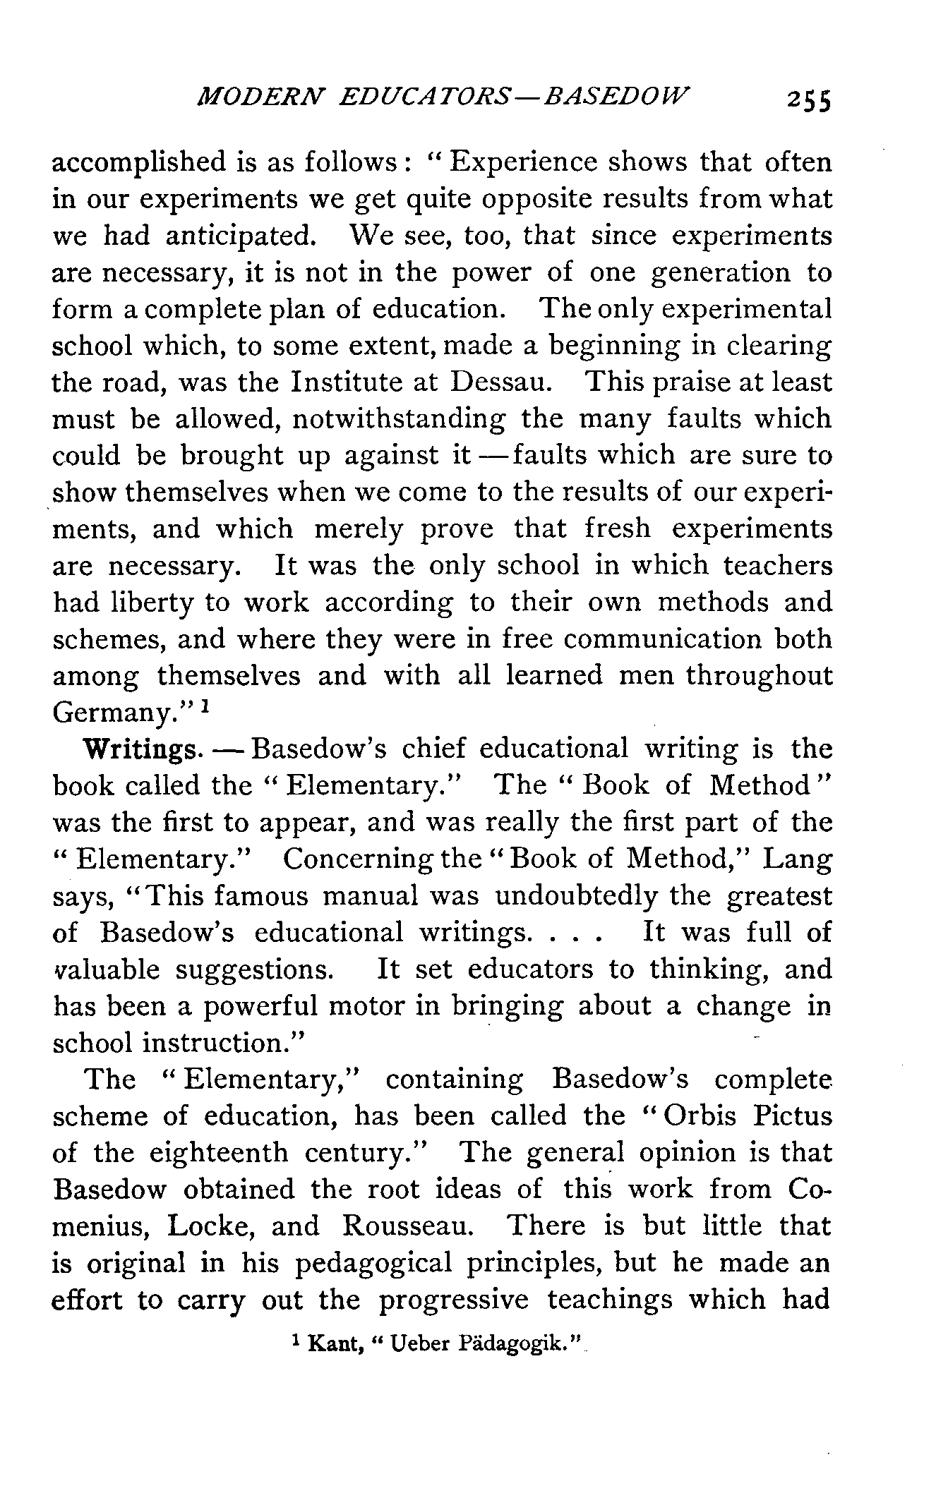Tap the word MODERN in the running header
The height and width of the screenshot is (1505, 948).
tap(259, 97)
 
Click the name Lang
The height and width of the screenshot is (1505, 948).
tap(798, 859)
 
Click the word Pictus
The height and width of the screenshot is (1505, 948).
tap(793, 1116)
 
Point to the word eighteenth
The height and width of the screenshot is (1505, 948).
tap(219, 1153)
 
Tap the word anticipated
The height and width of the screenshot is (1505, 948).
tap(238, 236)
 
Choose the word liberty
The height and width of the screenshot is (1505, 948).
tap(152, 603)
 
